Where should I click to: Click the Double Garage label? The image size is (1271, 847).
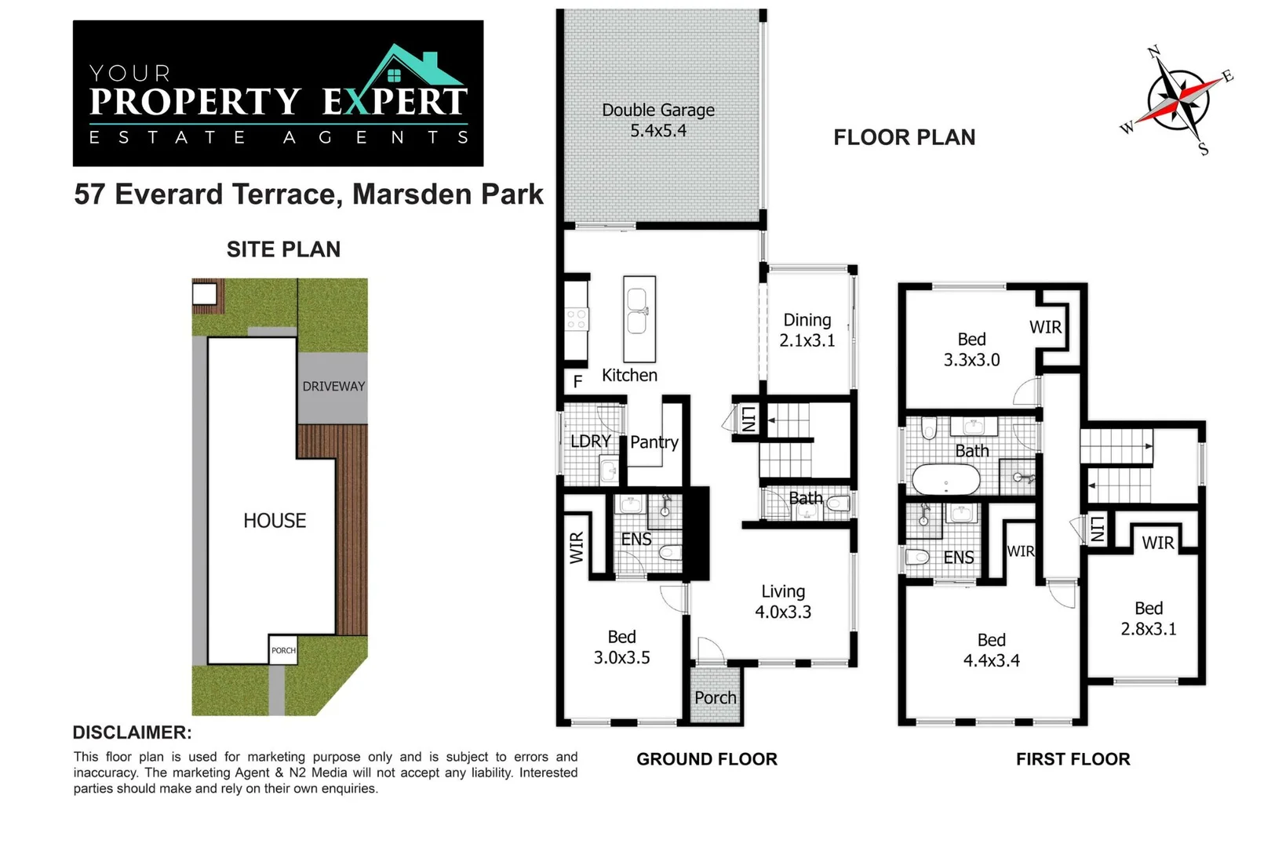tap(658, 120)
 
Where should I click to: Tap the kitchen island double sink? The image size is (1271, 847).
tap(637, 311)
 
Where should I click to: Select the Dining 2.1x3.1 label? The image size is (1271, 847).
tap(807, 330)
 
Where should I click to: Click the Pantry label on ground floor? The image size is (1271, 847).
tap(654, 442)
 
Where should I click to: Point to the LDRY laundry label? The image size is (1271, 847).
tap(591, 442)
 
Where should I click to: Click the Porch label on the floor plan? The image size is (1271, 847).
tap(715, 698)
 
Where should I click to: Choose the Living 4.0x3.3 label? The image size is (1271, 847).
tap(783, 602)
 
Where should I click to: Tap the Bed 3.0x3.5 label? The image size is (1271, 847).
tap(622, 647)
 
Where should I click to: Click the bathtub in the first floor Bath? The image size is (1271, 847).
tap(946, 480)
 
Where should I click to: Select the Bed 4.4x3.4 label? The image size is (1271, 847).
tap(991, 650)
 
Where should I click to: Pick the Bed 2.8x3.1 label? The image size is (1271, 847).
tap(1149, 618)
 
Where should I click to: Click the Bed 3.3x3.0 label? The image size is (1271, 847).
tap(971, 350)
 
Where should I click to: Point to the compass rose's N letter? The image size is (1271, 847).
tap(1153, 53)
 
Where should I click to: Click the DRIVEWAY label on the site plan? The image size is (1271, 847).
tap(333, 387)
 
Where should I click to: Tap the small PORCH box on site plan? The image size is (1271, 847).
tap(283, 649)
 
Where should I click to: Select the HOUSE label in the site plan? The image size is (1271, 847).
tap(275, 521)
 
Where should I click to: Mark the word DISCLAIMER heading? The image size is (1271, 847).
tap(133, 732)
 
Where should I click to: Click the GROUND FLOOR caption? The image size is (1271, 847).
tap(706, 759)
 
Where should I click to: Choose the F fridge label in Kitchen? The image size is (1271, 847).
tap(577, 382)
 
